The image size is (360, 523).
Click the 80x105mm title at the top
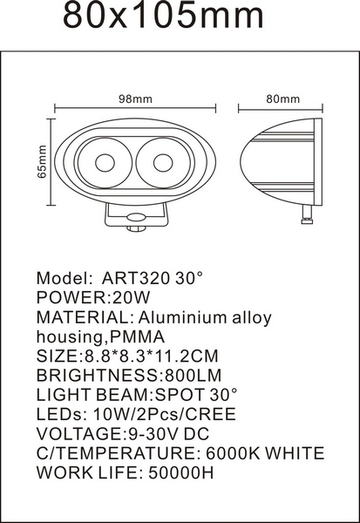pyautogui.click(x=163, y=15)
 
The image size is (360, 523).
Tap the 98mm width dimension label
pyautogui.click(x=135, y=99)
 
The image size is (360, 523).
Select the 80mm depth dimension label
pyautogui.click(x=283, y=99)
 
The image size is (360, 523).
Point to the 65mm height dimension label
pyautogui.click(x=42, y=161)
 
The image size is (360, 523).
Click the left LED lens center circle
pyautogui.click(x=105, y=163)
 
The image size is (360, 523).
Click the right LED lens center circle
pyautogui.click(x=163, y=163)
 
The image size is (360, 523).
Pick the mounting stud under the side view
pyautogui.click(x=307, y=215)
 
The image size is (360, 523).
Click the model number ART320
pyautogui.click(x=136, y=278)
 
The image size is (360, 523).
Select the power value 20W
pyautogui.click(x=132, y=297)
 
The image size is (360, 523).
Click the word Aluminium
pyautogui.click(x=184, y=317)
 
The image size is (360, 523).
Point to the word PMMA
pyautogui.click(x=138, y=336)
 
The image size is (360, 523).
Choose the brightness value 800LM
pyautogui.click(x=194, y=375)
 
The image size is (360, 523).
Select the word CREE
pyautogui.click(x=211, y=414)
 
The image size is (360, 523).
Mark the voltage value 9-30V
pyautogui.click(x=153, y=433)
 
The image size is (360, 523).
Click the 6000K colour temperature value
pyautogui.click(x=233, y=453)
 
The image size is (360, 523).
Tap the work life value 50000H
pyautogui.click(x=180, y=472)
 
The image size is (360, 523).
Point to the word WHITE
pyautogui.click(x=295, y=453)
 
